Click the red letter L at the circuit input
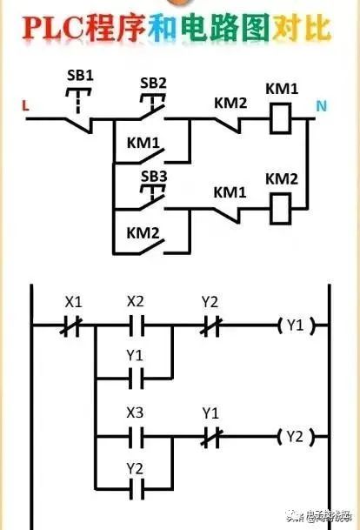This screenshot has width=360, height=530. [25, 107]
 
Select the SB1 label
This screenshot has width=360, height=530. [79, 74]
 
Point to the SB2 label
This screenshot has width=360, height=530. [153, 83]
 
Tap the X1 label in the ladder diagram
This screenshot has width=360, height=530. [74, 302]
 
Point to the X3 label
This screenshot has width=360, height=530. [136, 411]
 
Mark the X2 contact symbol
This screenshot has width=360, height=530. [136, 327]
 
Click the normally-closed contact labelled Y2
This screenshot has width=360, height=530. [210, 327]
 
